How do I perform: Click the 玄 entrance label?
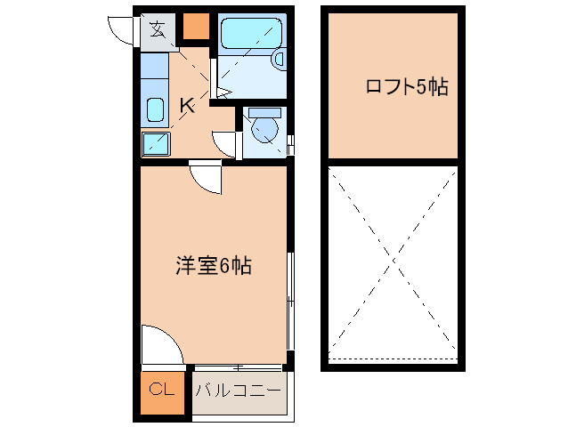tap(158, 29)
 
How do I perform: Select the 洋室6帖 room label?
tap(213, 265)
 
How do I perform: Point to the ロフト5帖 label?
tap(406, 87)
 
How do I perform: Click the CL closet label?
tap(160, 389)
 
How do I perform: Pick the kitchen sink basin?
tap(155, 109)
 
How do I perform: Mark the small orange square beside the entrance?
tap(196, 28)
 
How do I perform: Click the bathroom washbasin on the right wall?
tap(279, 59)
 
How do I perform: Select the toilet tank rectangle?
tap(265, 113)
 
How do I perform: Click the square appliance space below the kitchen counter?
tap(156, 144)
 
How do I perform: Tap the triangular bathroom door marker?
tap(223, 91)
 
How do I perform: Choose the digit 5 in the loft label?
tap(422, 87)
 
